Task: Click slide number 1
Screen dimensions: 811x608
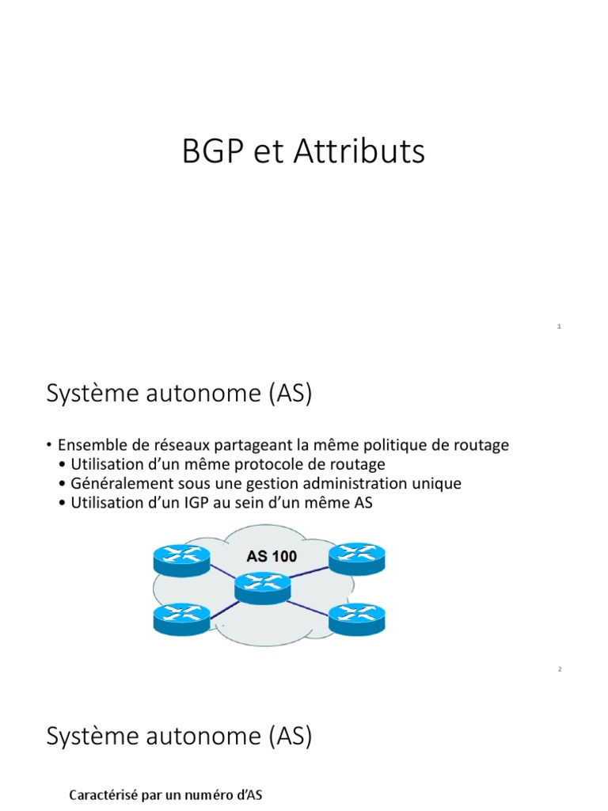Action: point(559,326)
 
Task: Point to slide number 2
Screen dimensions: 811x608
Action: point(559,669)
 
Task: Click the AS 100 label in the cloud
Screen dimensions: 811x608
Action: point(272,557)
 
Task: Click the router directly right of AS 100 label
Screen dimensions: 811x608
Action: point(355,558)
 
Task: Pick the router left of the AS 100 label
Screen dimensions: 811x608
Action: point(181,559)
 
